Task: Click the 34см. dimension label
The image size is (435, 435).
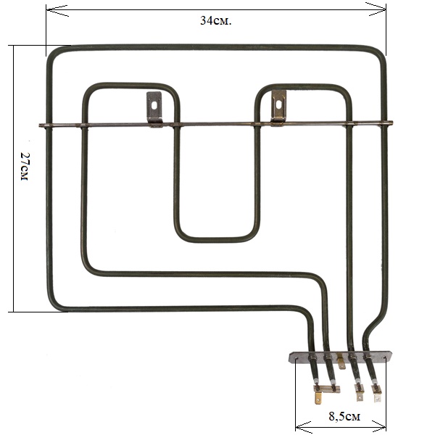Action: [215, 21]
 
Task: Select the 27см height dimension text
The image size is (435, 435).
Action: [25, 167]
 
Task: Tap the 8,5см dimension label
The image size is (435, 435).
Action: [344, 416]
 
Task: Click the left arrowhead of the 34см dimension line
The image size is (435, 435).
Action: [57, 10]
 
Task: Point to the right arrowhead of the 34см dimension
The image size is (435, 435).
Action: [376, 9]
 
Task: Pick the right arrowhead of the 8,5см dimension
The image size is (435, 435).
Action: [378, 426]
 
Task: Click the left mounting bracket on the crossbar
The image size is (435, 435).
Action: [154, 109]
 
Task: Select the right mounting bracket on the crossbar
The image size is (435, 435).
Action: [278, 108]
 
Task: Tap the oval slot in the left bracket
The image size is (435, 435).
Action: [154, 106]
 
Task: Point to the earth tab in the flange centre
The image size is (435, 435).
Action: [341, 362]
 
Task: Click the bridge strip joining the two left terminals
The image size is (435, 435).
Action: [327, 389]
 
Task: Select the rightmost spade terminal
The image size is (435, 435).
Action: [377, 392]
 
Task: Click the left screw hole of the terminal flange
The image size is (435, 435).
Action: [297, 360]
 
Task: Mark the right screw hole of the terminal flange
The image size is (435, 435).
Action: [385, 358]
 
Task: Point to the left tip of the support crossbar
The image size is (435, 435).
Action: [40, 125]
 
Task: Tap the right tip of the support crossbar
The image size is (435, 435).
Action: [391, 122]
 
